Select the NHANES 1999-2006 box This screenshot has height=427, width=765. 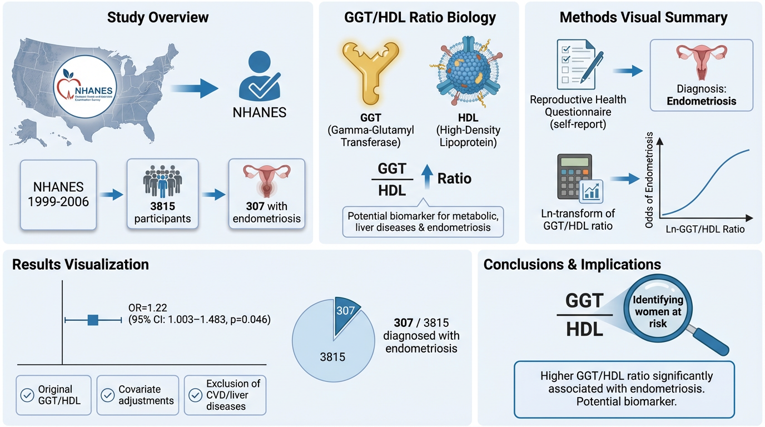click(x=58, y=194)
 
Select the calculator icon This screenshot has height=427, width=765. click(x=578, y=177)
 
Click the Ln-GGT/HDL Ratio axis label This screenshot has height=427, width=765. click(x=704, y=229)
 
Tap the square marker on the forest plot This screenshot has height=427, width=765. click(x=93, y=319)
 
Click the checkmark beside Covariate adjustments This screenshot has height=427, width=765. click(x=108, y=395)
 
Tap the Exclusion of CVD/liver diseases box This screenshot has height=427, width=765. click(x=225, y=395)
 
